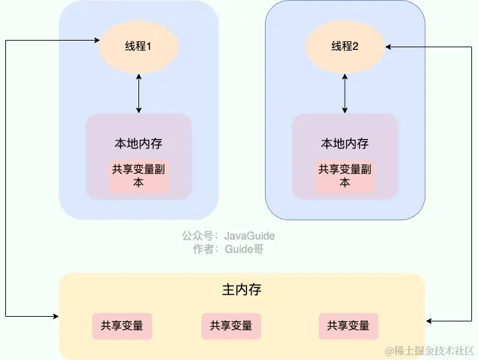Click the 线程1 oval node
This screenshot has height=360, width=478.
point(138,47)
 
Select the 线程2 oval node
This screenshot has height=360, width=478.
point(345,47)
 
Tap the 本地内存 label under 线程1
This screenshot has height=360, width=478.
point(138,144)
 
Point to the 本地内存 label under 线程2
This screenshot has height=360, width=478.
point(345,144)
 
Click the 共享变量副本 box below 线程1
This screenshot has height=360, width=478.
point(138,176)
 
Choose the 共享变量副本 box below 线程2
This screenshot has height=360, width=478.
point(345,176)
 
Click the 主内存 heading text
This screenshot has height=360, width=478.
point(242,291)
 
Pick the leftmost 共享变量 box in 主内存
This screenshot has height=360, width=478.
point(122,326)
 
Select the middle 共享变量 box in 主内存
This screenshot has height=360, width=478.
point(231,326)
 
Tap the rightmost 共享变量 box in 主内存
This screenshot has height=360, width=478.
point(348,326)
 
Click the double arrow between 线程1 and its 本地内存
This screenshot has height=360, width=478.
point(138,94)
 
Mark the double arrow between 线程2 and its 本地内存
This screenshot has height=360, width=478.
point(345,94)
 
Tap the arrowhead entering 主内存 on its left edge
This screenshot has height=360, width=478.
point(55,315)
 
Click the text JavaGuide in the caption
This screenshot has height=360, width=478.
point(250,236)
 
